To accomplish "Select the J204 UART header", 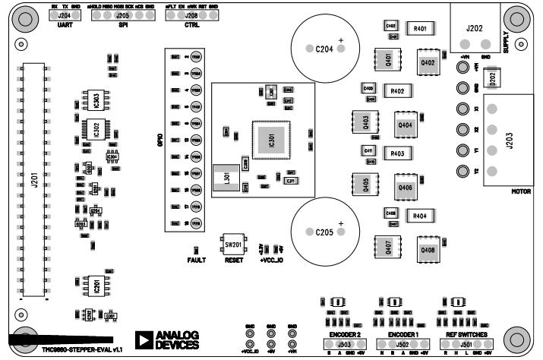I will tap(65, 15).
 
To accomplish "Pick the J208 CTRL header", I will tap(191, 15).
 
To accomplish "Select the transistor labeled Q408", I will tap(427, 249).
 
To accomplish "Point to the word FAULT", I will tap(197, 260).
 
